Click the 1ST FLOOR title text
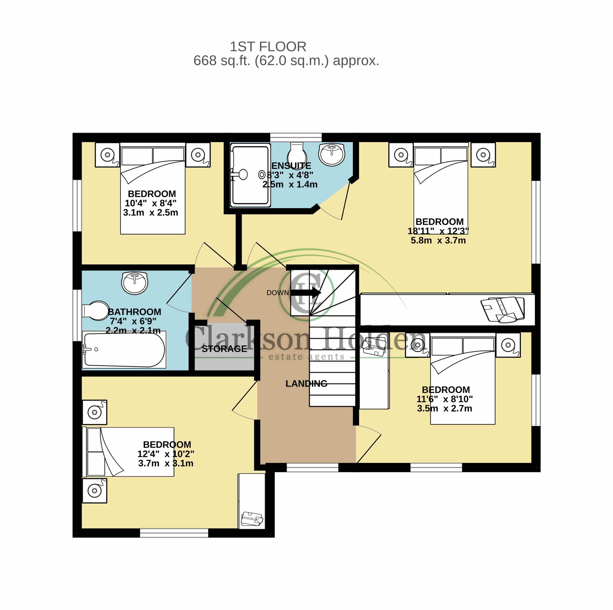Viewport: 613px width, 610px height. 268,47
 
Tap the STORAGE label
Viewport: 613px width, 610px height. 224,349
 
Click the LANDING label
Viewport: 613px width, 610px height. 306,384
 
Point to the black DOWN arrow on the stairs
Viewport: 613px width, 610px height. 306,292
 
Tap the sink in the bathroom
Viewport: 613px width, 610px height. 135,283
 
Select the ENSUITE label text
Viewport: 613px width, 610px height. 291,166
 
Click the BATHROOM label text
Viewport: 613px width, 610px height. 135,312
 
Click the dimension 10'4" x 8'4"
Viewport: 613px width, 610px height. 151,203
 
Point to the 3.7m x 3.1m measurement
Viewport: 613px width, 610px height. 166,463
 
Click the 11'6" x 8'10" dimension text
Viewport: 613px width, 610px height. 444,399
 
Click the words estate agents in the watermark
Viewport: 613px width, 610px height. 306,357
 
